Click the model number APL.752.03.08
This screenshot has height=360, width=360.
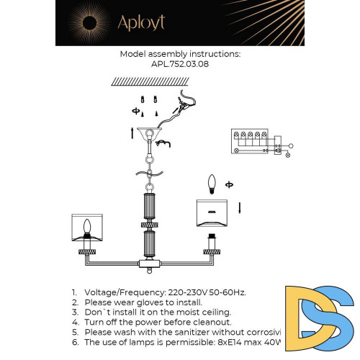coord(180,63)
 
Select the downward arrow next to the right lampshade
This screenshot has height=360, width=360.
coord(240,209)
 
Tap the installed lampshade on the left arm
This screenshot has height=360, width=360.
coord(89,229)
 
